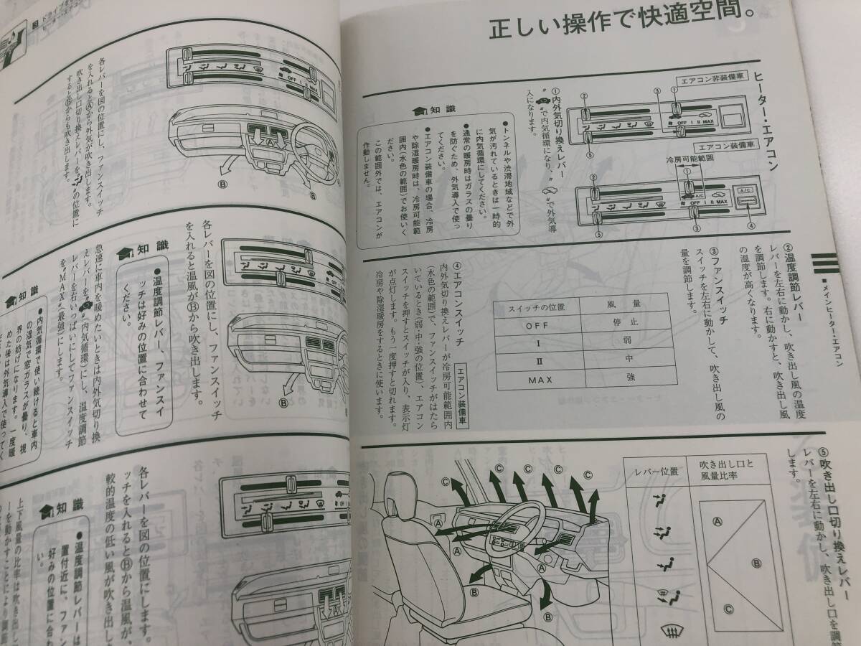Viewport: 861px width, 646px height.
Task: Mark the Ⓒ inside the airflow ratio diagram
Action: [x=728, y=609]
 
